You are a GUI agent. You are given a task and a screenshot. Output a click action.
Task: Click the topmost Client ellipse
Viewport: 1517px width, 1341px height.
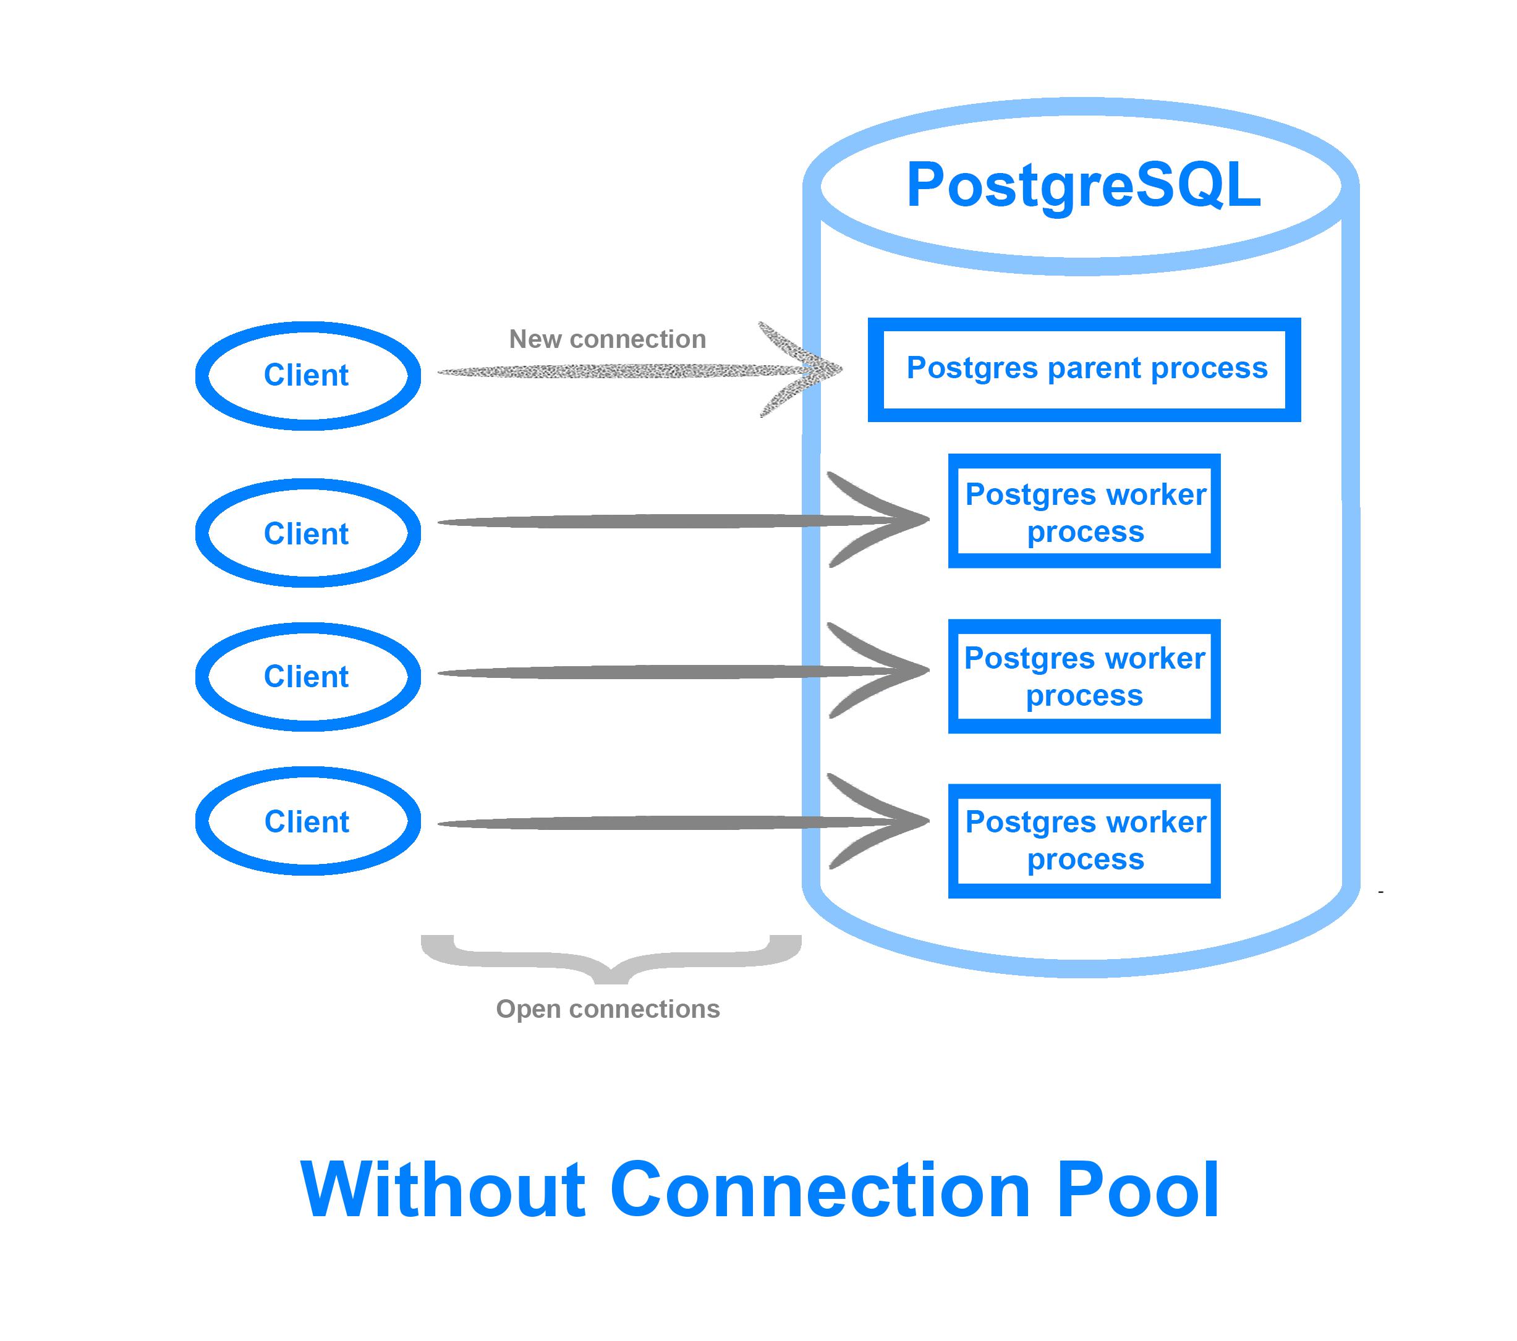[x=307, y=376]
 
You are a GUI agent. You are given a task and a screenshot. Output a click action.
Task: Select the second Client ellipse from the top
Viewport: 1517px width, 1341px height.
[x=307, y=533]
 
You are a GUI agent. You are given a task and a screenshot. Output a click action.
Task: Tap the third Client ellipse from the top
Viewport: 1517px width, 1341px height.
[x=307, y=676]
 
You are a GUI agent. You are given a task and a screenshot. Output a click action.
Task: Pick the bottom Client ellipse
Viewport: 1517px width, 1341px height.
[x=307, y=821]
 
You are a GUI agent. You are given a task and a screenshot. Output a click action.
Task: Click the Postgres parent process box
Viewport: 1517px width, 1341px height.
[x=1084, y=370]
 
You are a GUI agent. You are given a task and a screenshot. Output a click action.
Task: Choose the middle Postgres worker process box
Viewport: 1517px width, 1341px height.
[x=1084, y=676]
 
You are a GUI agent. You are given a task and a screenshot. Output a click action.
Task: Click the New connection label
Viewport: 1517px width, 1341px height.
[x=607, y=339]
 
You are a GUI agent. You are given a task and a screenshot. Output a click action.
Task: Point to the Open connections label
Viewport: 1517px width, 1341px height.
[x=607, y=1009]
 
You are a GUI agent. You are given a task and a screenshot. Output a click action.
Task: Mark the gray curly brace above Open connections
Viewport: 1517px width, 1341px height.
[x=611, y=960]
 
